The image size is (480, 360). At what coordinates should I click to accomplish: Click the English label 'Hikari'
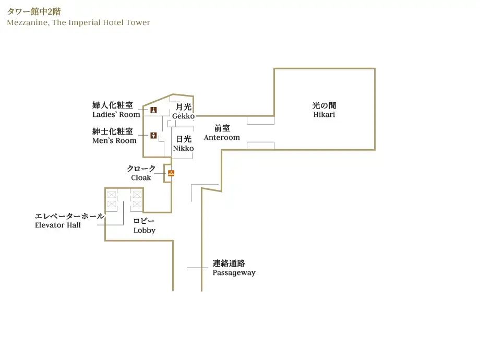324,114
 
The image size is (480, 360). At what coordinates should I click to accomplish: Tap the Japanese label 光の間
324,105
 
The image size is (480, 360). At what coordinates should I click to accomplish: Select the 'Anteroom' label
222,138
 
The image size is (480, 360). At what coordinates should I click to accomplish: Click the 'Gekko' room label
183,116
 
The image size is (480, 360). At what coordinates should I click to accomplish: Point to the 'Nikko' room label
183,148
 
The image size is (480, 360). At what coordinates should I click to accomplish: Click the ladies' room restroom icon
153,110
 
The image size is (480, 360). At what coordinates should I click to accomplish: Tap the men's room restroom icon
153,135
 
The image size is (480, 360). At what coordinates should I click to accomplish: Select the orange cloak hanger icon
171,173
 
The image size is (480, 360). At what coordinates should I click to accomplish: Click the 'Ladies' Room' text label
116,114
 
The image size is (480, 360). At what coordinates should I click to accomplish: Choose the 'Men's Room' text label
114,140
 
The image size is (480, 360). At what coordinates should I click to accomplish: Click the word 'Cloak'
141,177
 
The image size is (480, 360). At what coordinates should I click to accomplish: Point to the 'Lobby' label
144,230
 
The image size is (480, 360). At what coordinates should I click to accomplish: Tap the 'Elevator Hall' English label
58,225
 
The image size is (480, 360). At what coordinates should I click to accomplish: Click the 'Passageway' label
234,272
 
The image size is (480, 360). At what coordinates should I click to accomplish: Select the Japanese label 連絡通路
229,263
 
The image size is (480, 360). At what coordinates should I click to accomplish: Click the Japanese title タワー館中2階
34,11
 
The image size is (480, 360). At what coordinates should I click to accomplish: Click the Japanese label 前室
222,128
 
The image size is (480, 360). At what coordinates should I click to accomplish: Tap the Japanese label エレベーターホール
69,216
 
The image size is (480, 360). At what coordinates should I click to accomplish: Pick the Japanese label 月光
184,107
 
